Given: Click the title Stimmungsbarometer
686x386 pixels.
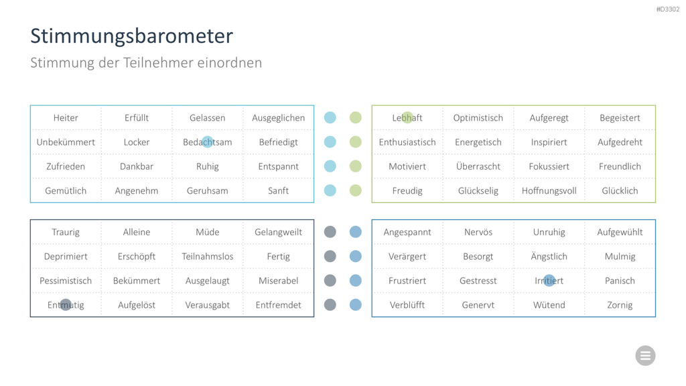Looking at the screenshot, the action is pyautogui.click(x=131, y=36).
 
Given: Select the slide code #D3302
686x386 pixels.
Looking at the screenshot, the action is pyautogui.click(x=668, y=9).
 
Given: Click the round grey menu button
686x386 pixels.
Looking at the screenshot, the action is pyautogui.click(x=645, y=355).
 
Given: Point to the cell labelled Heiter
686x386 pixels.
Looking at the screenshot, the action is pyautogui.click(x=66, y=118).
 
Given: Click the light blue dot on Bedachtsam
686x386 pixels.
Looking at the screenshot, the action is pyautogui.click(x=208, y=142).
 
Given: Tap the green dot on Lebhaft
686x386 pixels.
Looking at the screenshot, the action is pyautogui.click(x=407, y=117).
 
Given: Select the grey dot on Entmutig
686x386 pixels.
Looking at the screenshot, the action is pyautogui.click(x=66, y=305).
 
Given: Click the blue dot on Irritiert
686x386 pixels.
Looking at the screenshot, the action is pyautogui.click(x=549, y=281).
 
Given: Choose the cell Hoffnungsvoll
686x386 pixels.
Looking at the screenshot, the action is pyautogui.click(x=549, y=191).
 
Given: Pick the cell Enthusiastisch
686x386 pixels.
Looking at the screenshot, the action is pyautogui.click(x=407, y=142).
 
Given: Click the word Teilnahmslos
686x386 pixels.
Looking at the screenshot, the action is pyautogui.click(x=208, y=257).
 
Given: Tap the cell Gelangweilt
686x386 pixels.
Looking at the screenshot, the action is pyautogui.click(x=278, y=232).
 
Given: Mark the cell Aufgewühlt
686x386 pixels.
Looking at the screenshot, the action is pyautogui.click(x=620, y=232).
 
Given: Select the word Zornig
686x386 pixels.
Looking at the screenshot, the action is pyautogui.click(x=620, y=305).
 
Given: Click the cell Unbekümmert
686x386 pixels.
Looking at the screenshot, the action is pyautogui.click(x=66, y=142).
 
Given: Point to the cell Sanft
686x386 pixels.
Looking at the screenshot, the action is pyautogui.click(x=278, y=191).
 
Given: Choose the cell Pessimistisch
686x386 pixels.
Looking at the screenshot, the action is pyautogui.click(x=66, y=281).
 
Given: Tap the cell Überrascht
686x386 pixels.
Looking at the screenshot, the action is pyautogui.click(x=478, y=166).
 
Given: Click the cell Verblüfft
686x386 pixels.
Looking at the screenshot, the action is pyautogui.click(x=407, y=305).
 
